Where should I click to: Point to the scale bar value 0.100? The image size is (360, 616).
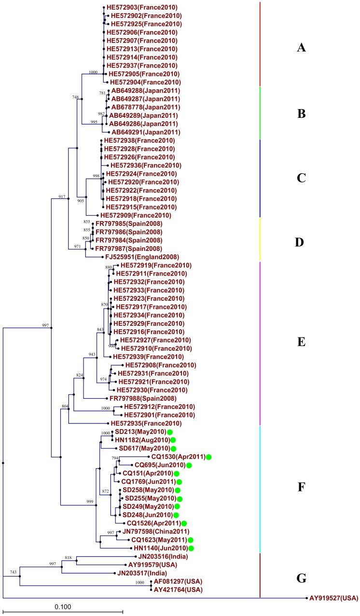(63, 603)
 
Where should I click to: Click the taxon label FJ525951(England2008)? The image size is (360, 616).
(136, 257)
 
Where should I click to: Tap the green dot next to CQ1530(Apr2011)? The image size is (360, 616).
(208, 457)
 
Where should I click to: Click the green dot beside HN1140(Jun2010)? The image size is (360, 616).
(192, 548)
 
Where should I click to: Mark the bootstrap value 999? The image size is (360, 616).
(90, 502)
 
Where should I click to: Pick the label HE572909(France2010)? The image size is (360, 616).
(135, 215)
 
